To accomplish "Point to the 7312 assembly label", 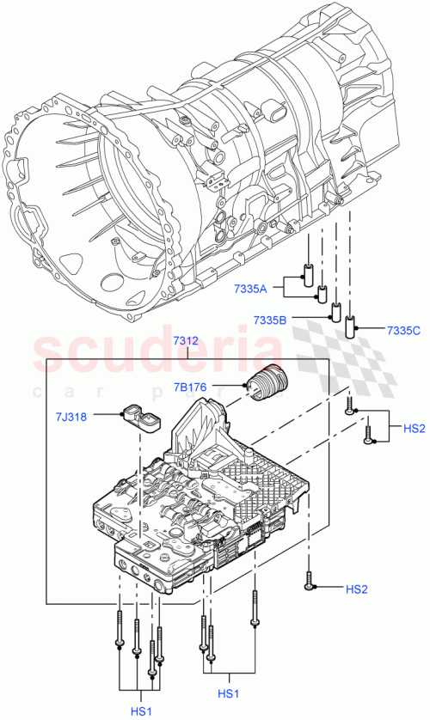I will [184, 341].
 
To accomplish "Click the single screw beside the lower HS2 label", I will [308, 583].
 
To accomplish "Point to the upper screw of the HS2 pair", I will [350, 406].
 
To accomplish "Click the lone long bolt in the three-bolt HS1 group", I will [255, 609].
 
